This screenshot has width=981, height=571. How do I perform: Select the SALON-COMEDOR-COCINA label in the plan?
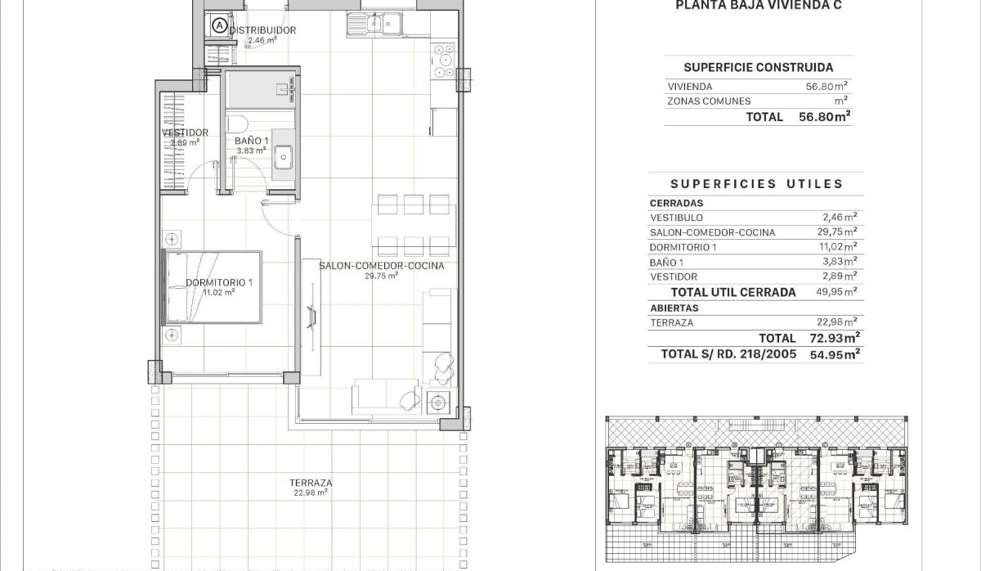click(381, 266)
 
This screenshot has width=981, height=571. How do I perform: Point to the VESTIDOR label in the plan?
click(185, 133)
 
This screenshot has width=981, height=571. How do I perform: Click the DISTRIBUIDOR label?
click(262, 30)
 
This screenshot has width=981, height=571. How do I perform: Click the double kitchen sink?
click(372, 25)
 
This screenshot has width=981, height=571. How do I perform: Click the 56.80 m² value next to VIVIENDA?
click(826, 86)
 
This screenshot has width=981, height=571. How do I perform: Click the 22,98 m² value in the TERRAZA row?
click(839, 322)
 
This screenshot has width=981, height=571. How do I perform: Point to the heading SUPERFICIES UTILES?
click(756, 184)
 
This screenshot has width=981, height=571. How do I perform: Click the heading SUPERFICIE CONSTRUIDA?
click(758, 68)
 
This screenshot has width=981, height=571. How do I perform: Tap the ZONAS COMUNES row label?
click(709, 101)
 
